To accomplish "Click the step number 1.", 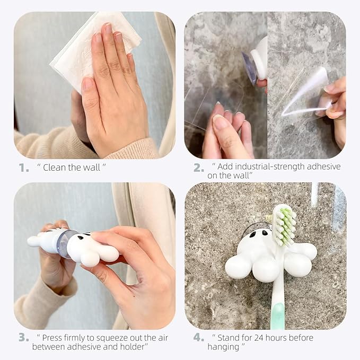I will tap(23, 168).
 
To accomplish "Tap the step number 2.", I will tap(198, 168).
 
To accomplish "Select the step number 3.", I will tap(23, 337).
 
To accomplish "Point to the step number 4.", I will tap(198, 337).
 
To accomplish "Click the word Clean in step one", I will tap(55, 168).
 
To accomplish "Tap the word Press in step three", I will tap(52, 337).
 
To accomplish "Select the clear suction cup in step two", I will tap(250, 68).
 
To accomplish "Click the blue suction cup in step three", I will tap(66, 244).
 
